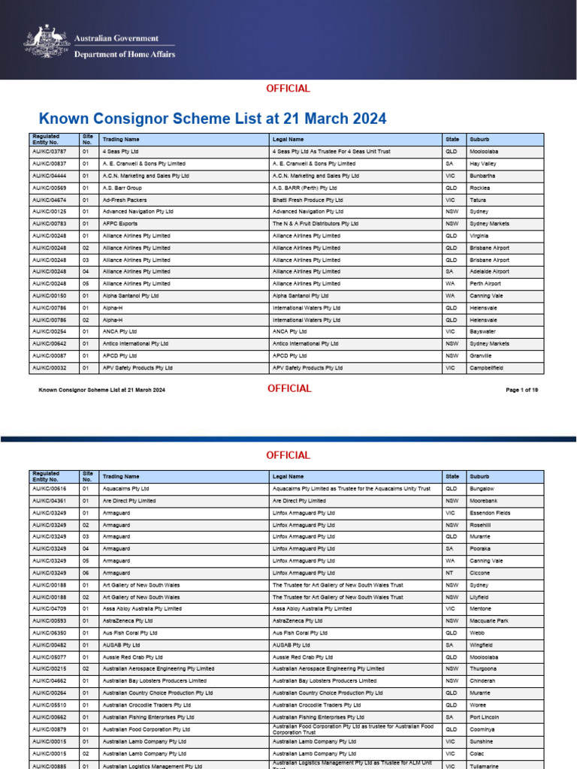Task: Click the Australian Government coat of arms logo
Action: click(47, 41)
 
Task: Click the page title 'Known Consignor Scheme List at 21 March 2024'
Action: click(213, 119)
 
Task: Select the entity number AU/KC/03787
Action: click(50, 152)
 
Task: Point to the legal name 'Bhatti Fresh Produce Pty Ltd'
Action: click(308, 200)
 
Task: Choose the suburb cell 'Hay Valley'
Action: click(483, 164)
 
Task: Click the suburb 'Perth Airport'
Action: click(486, 284)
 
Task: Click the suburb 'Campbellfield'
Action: click(486, 368)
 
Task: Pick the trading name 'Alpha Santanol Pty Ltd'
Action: click(131, 296)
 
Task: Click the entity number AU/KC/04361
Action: click(50, 501)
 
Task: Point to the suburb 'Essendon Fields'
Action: click(490, 513)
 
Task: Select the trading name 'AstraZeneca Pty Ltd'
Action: click(128, 621)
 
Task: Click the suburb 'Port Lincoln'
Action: click(484, 717)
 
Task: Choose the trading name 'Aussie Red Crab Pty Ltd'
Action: click(132, 657)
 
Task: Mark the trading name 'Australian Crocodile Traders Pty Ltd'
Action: click(147, 705)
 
